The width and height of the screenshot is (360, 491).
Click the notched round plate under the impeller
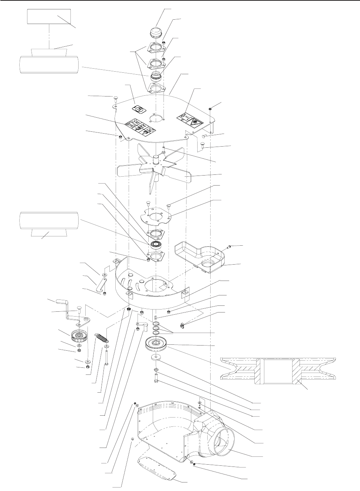153,216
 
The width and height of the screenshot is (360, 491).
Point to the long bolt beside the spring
107,359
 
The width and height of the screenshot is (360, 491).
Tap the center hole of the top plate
156,119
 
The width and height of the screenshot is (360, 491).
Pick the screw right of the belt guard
229,246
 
